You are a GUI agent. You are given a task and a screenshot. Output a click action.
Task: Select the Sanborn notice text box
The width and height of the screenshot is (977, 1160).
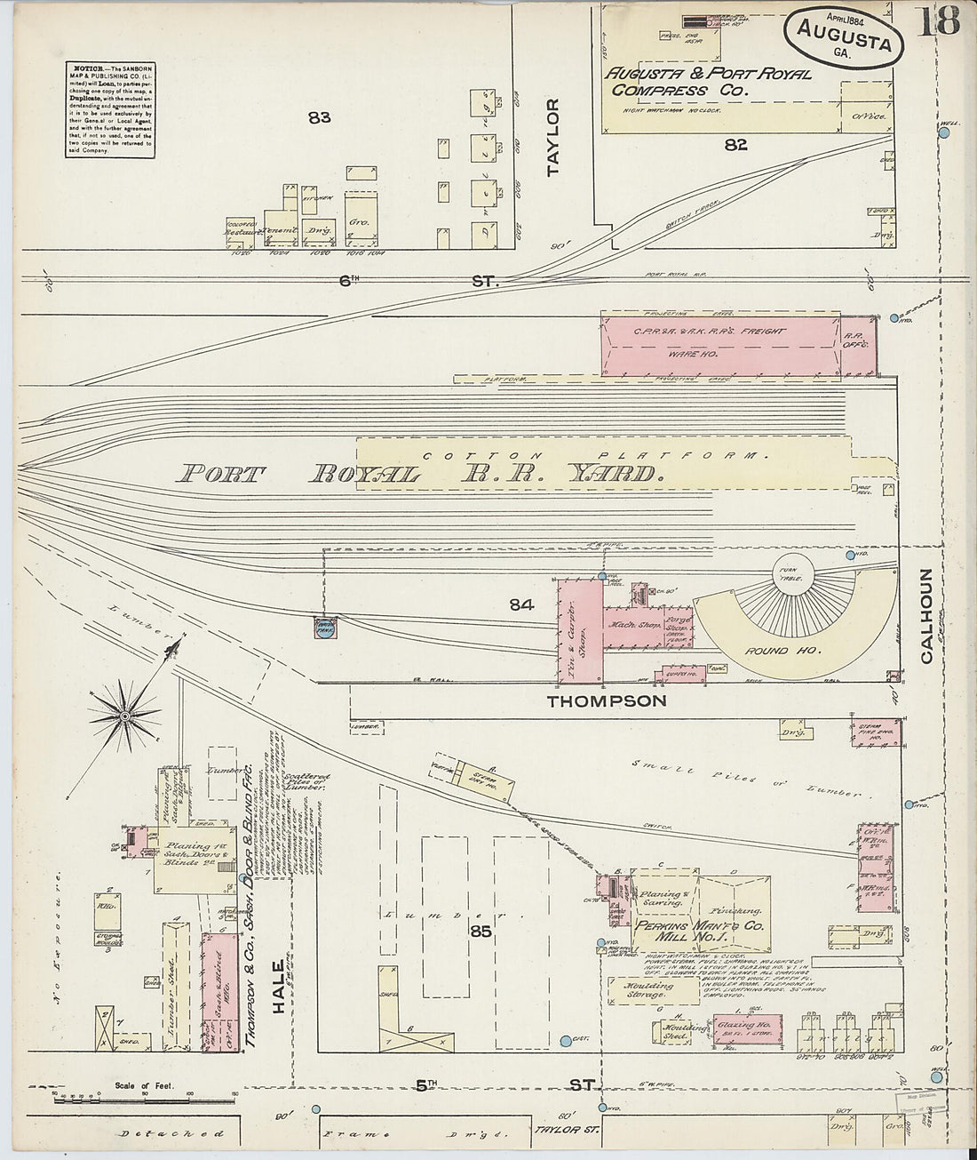click(x=108, y=109)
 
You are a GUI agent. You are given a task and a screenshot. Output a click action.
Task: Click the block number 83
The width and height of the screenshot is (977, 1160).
click(x=319, y=116)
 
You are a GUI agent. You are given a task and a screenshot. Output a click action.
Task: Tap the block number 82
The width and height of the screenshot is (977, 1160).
click(x=735, y=145)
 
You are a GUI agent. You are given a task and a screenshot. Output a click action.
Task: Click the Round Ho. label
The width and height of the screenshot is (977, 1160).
click(x=768, y=651)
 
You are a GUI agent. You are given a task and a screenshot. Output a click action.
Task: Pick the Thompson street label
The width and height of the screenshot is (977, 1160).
click(x=607, y=701)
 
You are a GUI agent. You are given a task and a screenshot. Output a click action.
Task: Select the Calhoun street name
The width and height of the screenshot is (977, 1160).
click(x=927, y=616)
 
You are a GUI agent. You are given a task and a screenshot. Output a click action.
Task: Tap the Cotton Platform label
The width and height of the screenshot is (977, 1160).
click(x=595, y=455)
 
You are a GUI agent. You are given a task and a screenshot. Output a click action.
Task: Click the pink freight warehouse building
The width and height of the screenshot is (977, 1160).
click(x=719, y=341)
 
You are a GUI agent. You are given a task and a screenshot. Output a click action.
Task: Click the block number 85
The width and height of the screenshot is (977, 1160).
click(x=481, y=932)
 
